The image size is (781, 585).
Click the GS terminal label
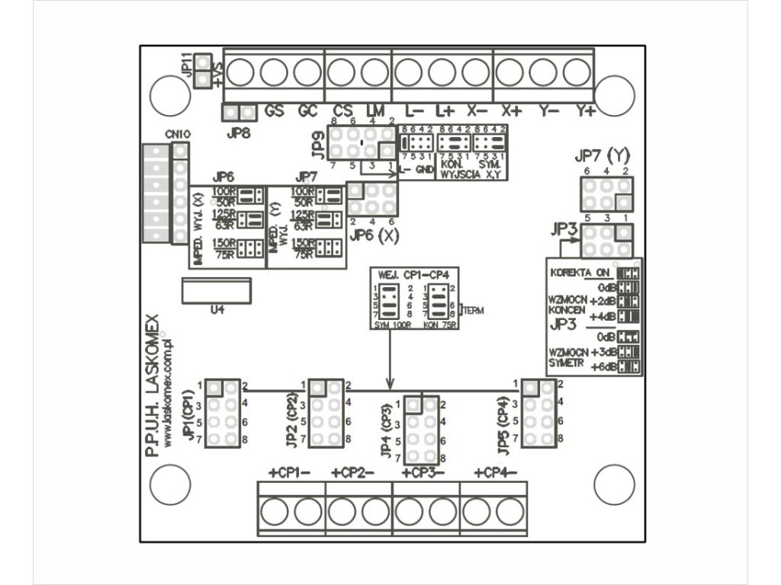pos(275,111)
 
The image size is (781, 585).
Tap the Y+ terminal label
pos(586,111)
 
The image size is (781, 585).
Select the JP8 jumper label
pos(239,131)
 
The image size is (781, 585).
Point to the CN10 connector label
pos(178,135)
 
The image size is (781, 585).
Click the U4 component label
pos(216,311)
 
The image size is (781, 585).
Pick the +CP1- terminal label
pos(289,473)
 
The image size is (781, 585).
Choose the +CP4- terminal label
pos(496,473)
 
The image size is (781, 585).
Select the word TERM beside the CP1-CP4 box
pos(473,311)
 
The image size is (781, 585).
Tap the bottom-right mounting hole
pos(614,484)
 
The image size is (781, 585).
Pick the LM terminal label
pos(375,111)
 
